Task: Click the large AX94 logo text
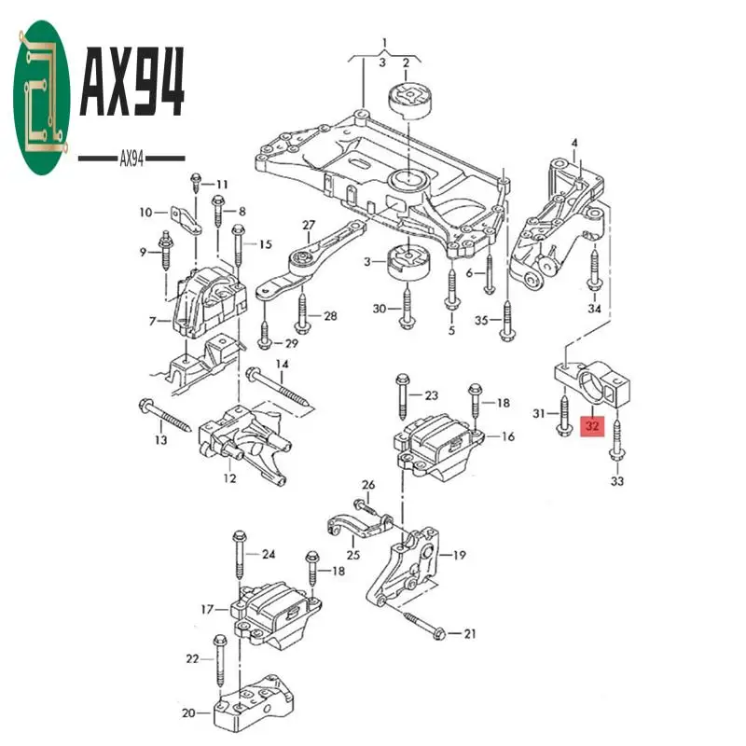(x=132, y=84)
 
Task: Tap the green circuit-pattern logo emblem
(x=43, y=101)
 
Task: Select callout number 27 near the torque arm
(x=309, y=226)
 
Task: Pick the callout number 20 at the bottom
(x=188, y=713)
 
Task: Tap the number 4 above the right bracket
(x=574, y=143)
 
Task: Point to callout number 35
(x=481, y=322)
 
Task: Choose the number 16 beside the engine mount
(x=507, y=436)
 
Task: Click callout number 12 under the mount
(x=229, y=479)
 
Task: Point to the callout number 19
(x=459, y=556)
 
